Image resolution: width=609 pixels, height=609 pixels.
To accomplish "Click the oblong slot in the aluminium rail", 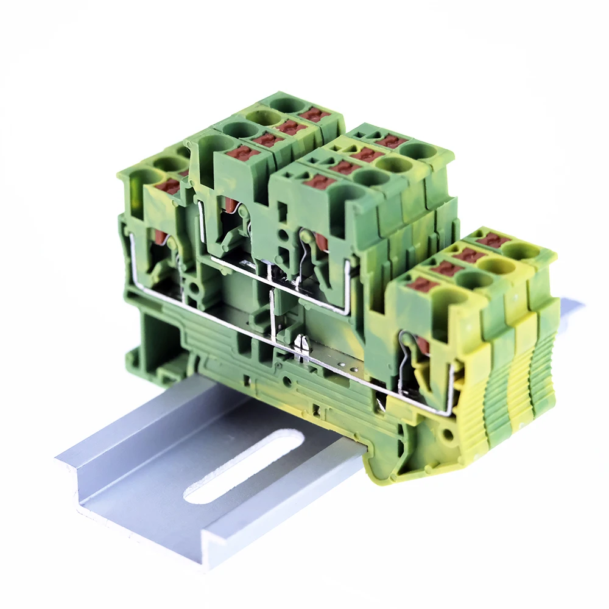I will [x=244, y=466].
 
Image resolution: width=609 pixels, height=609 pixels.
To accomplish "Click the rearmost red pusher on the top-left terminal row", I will [x=314, y=114].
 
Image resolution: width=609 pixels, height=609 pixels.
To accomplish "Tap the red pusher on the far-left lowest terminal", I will [x=169, y=186].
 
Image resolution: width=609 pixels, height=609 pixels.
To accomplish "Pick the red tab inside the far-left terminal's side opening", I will [x=160, y=238].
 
